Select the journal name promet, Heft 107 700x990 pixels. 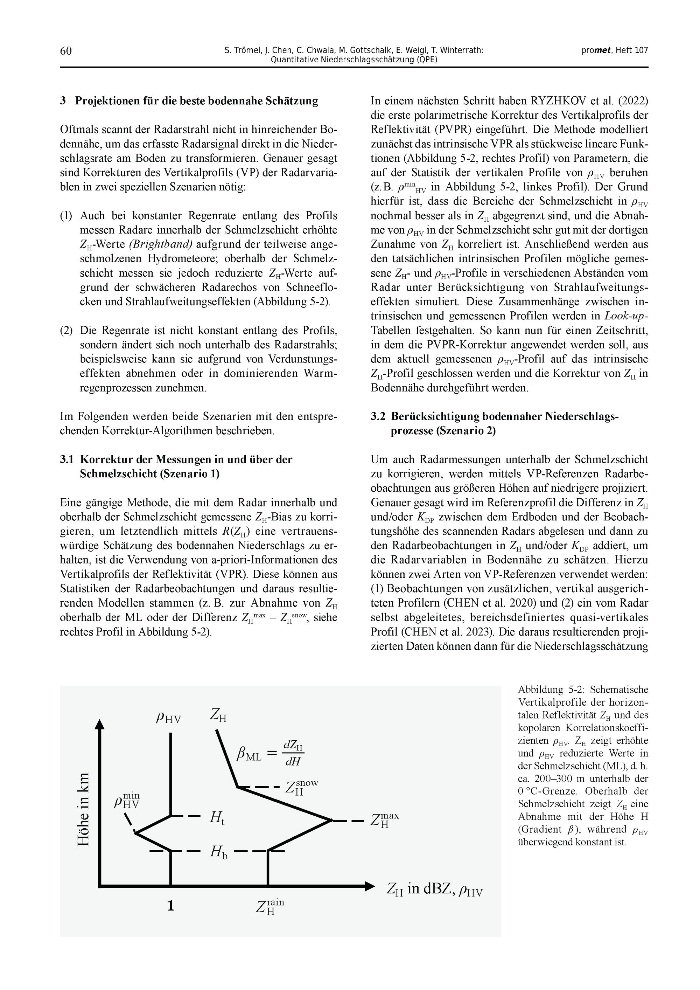(x=615, y=50)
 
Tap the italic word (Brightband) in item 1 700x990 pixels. (x=160, y=244)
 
